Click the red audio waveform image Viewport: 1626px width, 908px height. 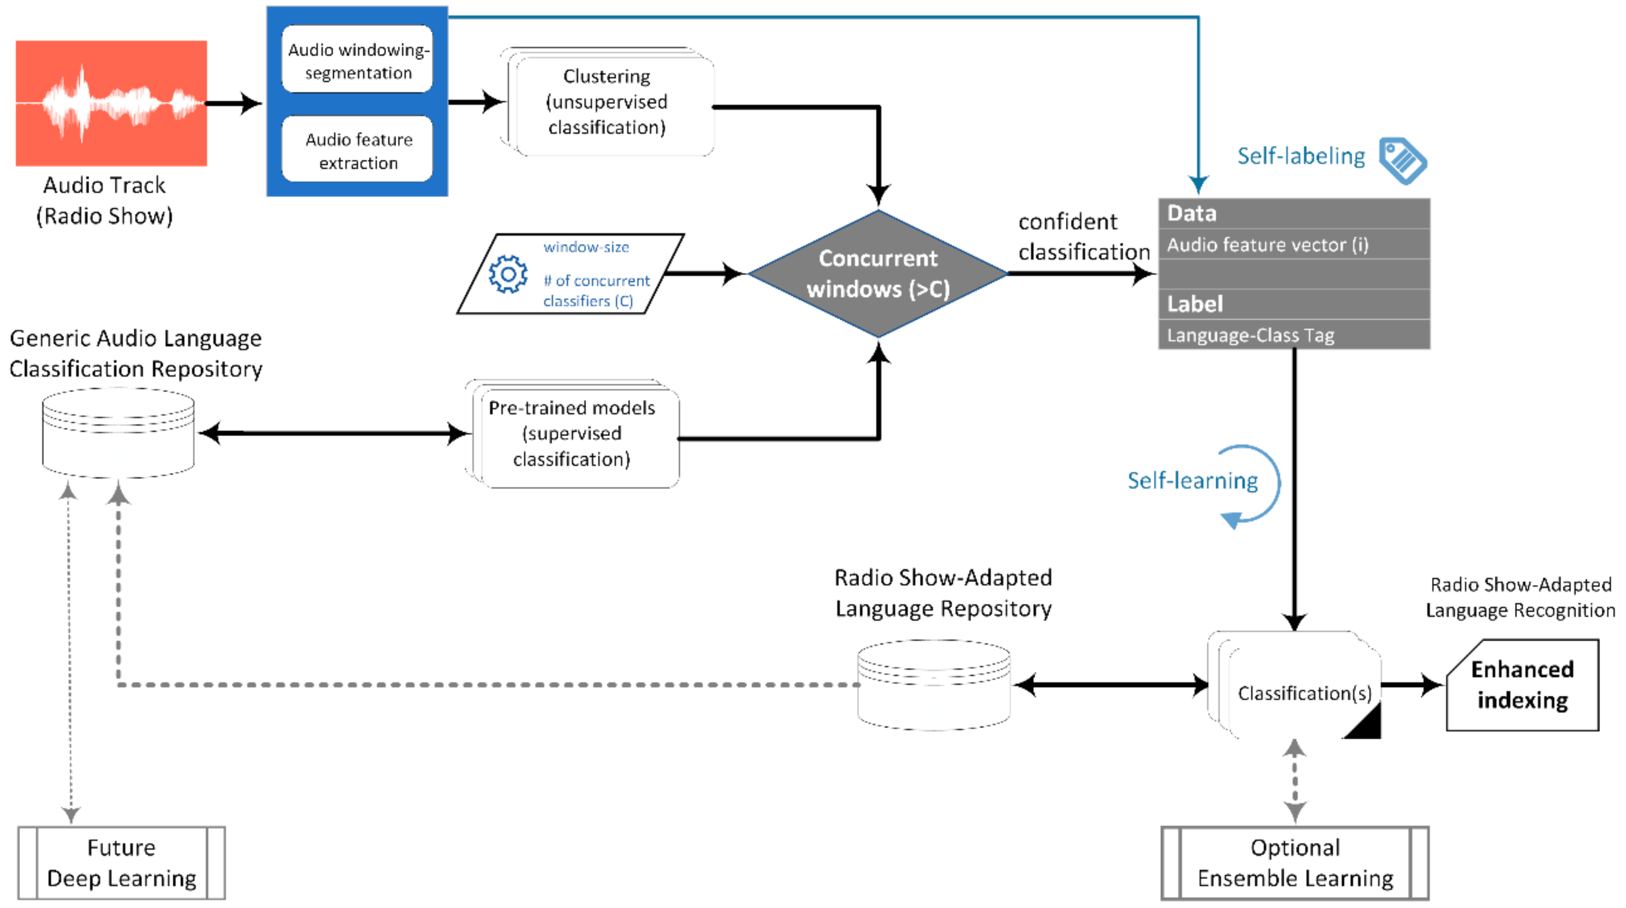coord(111,103)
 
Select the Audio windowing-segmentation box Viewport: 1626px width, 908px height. coord(357,59)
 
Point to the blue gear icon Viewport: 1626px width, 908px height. coord(508,274)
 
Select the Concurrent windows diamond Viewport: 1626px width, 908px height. coord(878,274)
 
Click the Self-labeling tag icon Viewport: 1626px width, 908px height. coord(1403,160)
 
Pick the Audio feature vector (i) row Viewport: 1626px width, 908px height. coord(1294,244)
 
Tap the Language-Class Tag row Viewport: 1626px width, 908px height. coord(1294,334)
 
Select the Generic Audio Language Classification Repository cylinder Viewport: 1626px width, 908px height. coord(118,433)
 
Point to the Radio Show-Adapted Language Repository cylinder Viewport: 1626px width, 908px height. coord(934,685)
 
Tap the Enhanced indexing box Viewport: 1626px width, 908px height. coord(1523,685)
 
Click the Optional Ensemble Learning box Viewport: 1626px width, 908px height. coord(1295,862)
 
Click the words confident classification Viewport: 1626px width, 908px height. coord(1084,237)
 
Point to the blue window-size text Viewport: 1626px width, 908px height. coord(587,246)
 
